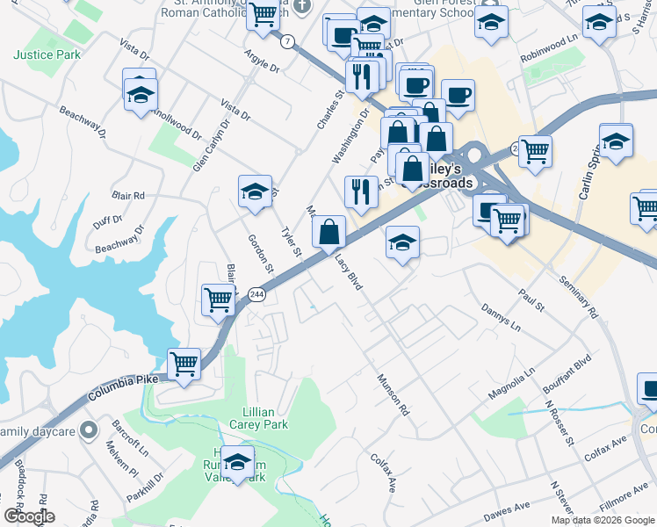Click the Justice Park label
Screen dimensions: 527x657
point(47,54)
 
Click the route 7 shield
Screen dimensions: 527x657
point(287,41)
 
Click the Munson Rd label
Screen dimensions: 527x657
point(393,395)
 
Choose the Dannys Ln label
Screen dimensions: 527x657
point(501,315)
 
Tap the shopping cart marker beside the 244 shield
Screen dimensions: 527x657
point(218,299)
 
